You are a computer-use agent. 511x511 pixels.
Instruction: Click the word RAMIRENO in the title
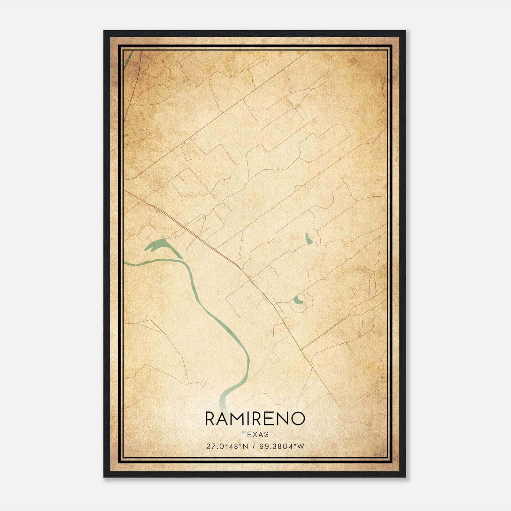point(255,419)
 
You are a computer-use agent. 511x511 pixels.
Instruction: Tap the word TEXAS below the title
point(255,435)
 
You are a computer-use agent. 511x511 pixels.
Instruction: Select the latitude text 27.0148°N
point(227,446)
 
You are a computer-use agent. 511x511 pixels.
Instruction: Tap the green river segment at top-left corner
point(128,57)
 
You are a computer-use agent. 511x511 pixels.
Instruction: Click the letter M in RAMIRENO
point(240,419)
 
